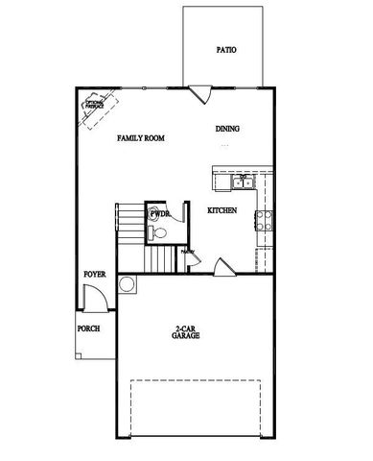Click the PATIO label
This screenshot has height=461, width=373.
pyautogui.click(x=226, y=50)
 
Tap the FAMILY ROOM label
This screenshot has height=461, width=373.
pyautogui.click(x=141, y=138)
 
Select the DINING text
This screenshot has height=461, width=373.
pyautogui.click(x=227, y=130)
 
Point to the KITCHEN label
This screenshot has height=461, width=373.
pyautogui.click(x=222, y=209)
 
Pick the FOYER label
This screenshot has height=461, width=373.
pyautogui.click(x=94, y=274)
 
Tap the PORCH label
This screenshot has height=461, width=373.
pyautogui.click(x=88, y=328)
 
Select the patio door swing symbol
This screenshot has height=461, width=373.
pyautogui.click(x=201, y=93)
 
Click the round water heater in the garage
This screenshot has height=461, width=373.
pyautogui.click(x=125, y=284)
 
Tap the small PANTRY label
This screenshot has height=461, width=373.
pyautogui.click(x=188, y=252)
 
